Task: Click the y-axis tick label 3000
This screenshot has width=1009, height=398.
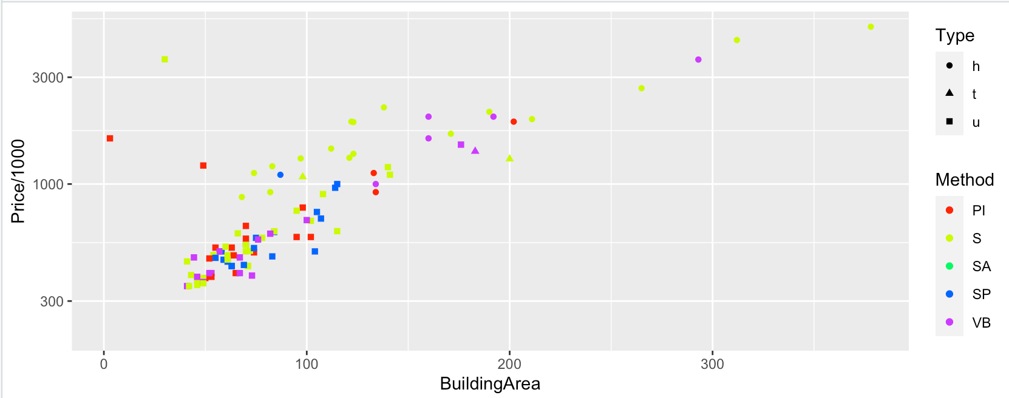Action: pyautogui.click(x=48, y=78)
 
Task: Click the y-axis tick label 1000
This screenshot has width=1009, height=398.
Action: pyautogui.click(x=48, y=184)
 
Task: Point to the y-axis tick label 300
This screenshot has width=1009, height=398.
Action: pyautogui.click(x=52, y=302)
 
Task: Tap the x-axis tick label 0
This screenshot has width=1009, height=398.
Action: pyautogui.click(x=104, y=364)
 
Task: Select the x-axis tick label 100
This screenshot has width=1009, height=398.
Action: pyautogui.click(x=307, y=364)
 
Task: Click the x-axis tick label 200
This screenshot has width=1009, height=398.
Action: pyautogui.click(x=509, y=364)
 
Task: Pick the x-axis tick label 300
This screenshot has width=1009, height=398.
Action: pyautogui.click(x=712, y=364)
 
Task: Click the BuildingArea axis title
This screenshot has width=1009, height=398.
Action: pyautogui.click(x=490, y=383)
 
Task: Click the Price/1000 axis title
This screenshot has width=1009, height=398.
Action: pyautogui.click(x=18, y=181)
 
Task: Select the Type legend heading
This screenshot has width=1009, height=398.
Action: pyautogui.click(x=954, y=36)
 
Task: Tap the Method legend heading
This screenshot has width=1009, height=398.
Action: pyautogui.click(x=964, y=180)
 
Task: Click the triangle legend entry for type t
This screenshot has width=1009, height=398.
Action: pyautogui.click(x=950, y=93)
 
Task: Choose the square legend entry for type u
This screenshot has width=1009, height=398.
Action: pyautogui.click(x=950, y=122)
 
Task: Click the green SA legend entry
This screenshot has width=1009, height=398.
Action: pyautogui.click(x=950, y=266)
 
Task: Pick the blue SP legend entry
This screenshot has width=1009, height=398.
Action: pyautogui.click(x=950, y=294)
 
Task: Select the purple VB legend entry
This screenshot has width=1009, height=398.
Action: pyautogui.click(x=950, y=322)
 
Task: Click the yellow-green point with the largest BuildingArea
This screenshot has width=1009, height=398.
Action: pyautogui.click(x=871, y=27)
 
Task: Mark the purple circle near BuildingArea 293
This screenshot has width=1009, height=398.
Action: pyautogui.click(x=698, y=59)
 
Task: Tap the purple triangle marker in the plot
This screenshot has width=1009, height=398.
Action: pyautogui.click(x=475, y=150)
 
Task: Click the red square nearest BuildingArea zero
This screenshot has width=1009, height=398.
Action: pyautogui.click(x=110, y=138)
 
